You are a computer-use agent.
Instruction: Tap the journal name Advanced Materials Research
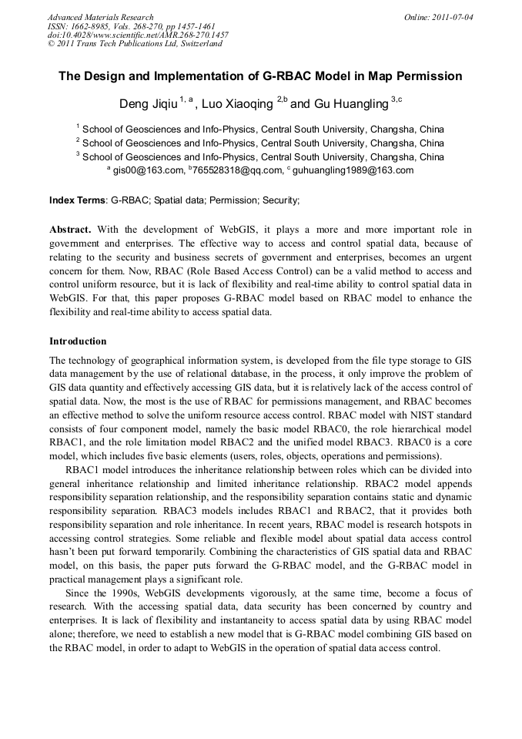tap(100, 16)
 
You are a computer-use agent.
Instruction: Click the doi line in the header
tap(138, 35)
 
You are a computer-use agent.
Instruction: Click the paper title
tap(260, 76)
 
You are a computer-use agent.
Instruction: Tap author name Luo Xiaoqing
tap(236, 103)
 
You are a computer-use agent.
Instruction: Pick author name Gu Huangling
tap(350, 103)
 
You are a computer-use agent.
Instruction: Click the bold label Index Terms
tap(77, 200)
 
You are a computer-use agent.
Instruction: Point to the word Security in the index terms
tap(279, 200)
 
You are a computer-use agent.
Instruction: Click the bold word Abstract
tap(70, 230)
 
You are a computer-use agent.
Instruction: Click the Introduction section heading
tap(78, 341)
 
